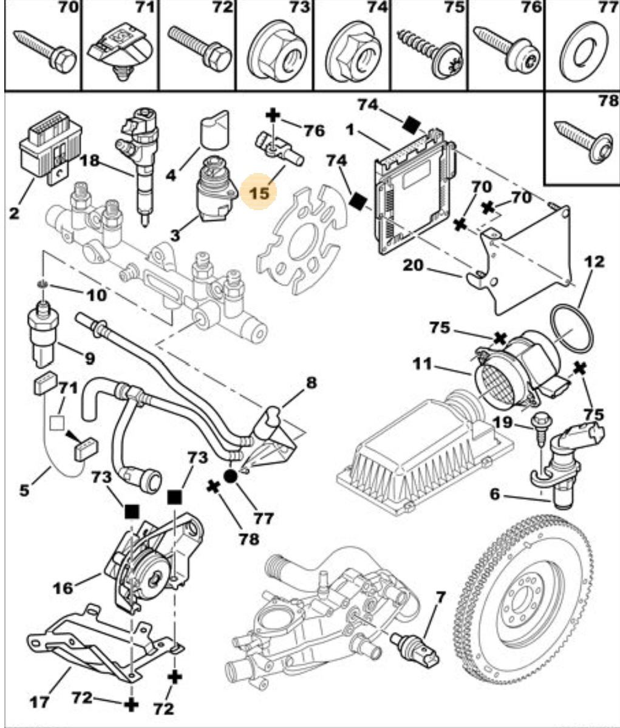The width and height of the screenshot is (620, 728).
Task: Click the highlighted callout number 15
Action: (x=259, y=192)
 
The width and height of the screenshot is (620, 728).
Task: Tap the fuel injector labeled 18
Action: (x=141, y=164)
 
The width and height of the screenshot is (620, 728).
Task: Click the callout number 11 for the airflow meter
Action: (x=422, y=364)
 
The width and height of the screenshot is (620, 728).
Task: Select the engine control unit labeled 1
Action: (x=414, y=191)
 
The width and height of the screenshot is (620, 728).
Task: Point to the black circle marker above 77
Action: (x=231, y=475)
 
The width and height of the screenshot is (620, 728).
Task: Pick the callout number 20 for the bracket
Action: (x=413, y=265)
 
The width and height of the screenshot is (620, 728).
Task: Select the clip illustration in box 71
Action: (x=120, y=54)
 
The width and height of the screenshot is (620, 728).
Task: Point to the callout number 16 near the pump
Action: (x=63, y=588)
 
